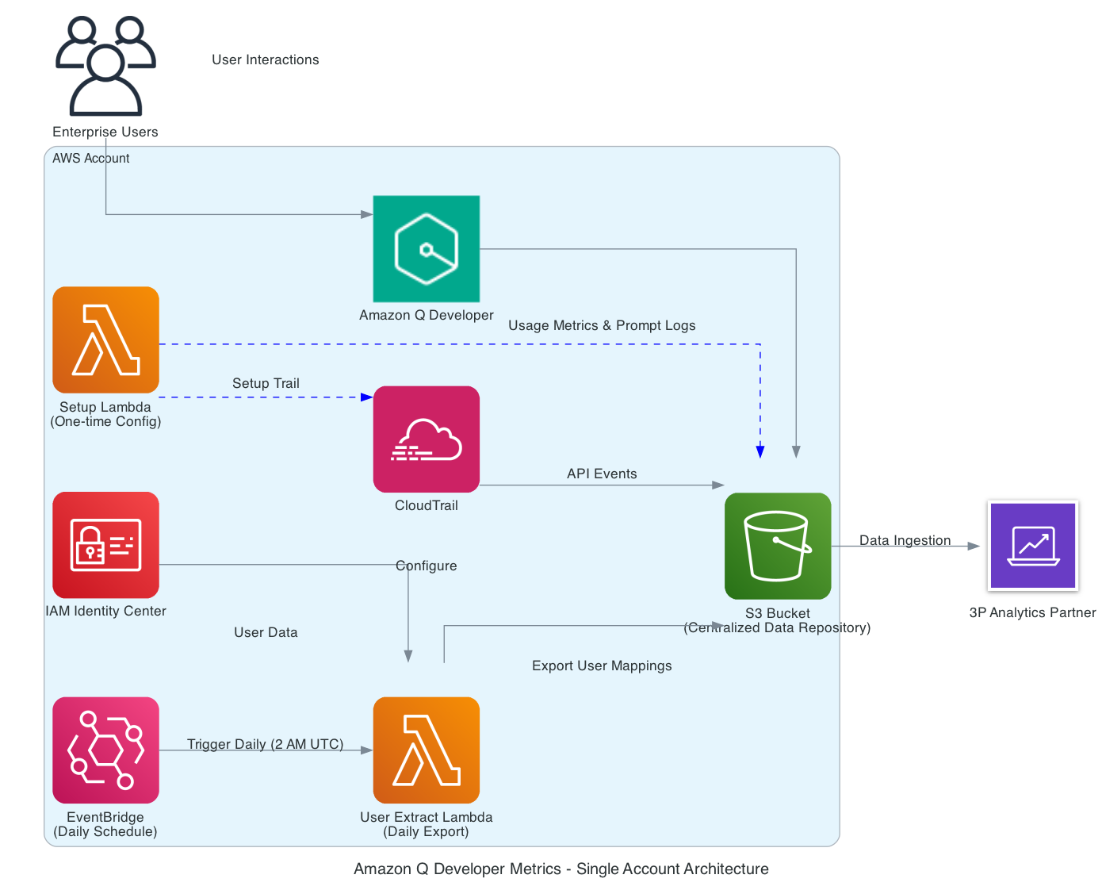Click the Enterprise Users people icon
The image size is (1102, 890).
(x=105, y=67)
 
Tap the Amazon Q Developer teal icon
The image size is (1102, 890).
(x=427, y=248)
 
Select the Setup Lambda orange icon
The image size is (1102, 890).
(x=105, y=340)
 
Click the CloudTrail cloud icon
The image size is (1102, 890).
(x=427, y=439)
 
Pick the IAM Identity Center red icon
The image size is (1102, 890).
(x=105, y=545)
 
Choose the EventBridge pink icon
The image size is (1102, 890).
(x=105, y=750)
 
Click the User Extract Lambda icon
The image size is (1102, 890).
(x=427, y=750)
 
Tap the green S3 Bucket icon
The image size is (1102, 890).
(x=778, y=546)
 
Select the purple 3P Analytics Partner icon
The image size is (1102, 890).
(x=1033, y=546)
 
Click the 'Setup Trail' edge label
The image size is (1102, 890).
(x=266, y=383)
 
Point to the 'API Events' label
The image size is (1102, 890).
(x=602, y=474)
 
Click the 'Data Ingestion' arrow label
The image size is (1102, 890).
(x=905, y=540)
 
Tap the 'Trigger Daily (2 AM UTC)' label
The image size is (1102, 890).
(x=265, y=744)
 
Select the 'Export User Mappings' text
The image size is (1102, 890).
(x=602, y=666)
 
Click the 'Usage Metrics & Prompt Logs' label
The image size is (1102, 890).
(x=602, y=325)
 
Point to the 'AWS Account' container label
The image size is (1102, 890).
(x=90, y=158)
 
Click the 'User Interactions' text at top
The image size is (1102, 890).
(x=265, y=59)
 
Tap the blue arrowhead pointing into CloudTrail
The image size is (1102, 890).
(x=366, y=397)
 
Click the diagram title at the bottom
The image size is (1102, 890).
(x=561, y=869)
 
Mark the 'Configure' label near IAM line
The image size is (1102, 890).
(x=427, y=566)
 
